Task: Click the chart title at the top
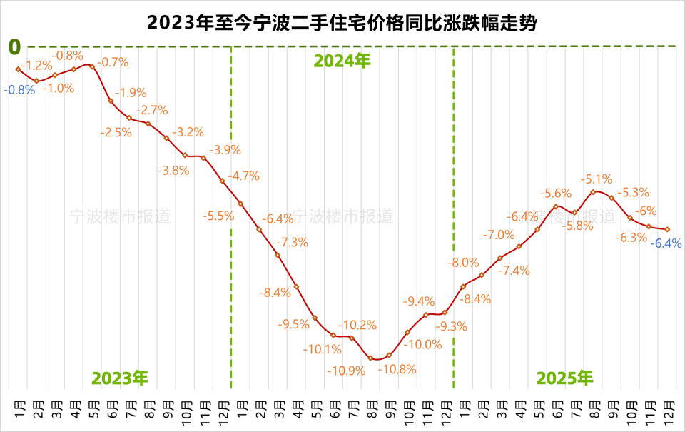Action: pos(342,22)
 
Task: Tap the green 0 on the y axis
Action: pos(14,47)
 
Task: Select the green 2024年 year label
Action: pos(342,61)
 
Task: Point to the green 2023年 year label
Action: pos(120,377)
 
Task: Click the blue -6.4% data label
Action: pos(666,243)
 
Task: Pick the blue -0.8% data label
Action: pos(19,91)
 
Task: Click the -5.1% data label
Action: pos(597,179)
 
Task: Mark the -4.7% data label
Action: pos(243,176)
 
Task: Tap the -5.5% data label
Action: pos(218,215)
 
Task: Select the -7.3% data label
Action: pos(293,242)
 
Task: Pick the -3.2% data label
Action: pos(188,132)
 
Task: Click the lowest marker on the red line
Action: pos(371,358)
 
